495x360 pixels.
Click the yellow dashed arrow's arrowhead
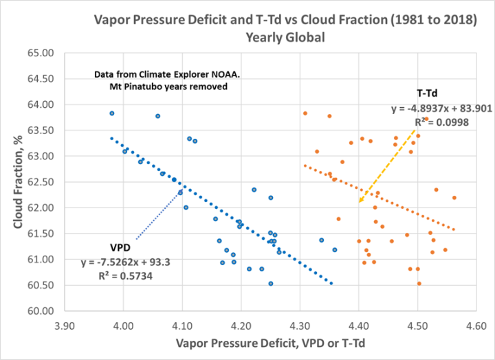(x=359, y=203)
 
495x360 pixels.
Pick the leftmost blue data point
(x=112, y=113)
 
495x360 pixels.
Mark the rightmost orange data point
(x=454, y=198)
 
